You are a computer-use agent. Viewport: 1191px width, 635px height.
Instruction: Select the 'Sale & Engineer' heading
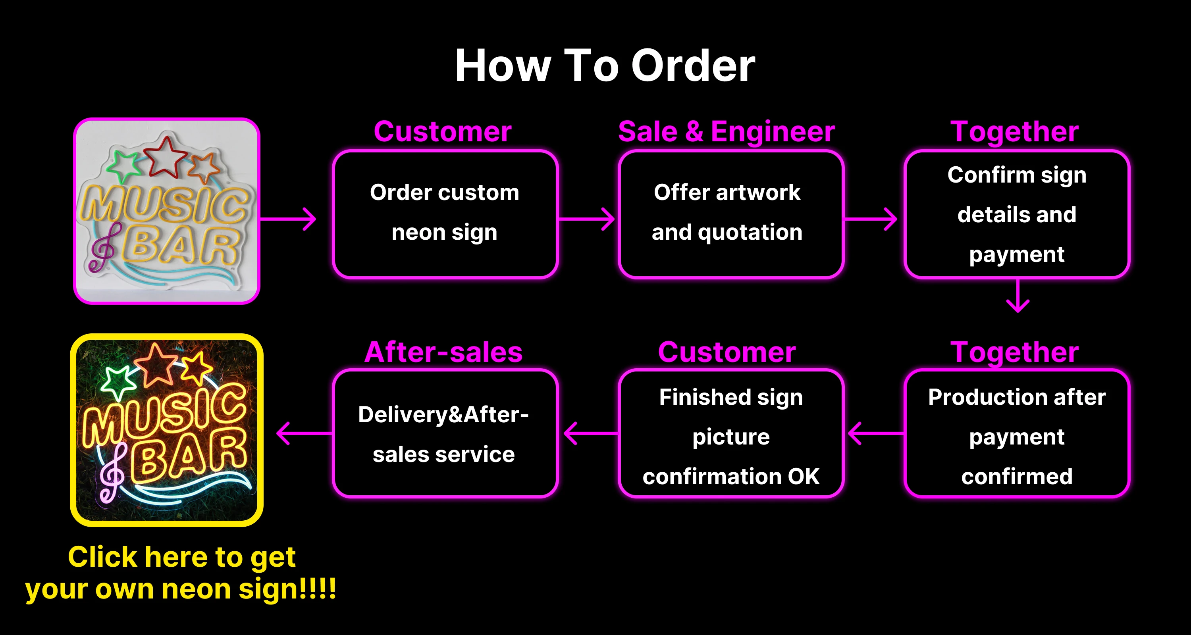click(x=727, y=132)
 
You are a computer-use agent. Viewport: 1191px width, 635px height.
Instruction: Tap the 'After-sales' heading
click(x=443, y=352)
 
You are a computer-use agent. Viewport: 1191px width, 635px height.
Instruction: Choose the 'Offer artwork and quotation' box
click(x=731, y=214)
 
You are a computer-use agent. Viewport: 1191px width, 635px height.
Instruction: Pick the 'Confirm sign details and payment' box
click(x=1017, y=214)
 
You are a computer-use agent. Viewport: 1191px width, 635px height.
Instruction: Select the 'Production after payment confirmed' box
click(x=1017, y=433)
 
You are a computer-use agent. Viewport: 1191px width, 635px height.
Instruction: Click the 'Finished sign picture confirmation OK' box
click(x=731, y=433)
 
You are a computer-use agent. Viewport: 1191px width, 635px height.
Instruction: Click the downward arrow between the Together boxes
click(x=1018, y=296)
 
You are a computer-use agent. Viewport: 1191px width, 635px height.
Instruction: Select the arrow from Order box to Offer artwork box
click(x=587, y=219)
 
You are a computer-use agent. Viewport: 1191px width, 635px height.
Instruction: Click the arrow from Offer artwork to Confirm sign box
click(x=871, y=219)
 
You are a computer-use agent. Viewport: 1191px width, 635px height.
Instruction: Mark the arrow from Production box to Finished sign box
click(x=876, y=433)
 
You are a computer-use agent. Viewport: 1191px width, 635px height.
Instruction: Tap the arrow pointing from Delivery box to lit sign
click(x=304, y=433)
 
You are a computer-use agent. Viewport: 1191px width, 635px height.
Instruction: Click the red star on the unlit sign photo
click(x=165, y=157)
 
